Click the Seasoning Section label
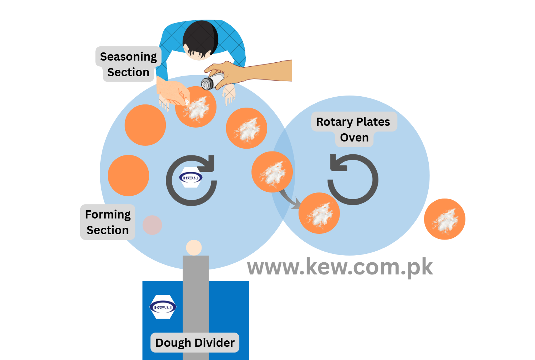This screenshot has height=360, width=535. [128, 64]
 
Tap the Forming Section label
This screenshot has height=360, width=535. [108, 222]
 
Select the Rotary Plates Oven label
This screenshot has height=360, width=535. [353, 129]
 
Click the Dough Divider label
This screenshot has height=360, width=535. [195, 343]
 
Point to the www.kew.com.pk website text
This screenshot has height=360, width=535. [340, 267]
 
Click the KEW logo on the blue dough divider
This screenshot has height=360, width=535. [163, 307]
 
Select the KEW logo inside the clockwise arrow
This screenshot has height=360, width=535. [191, 178]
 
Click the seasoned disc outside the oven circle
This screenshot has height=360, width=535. [444, 219]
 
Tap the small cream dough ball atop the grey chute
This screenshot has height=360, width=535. [194, 247]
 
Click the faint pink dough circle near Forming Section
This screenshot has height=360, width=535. [152, 225]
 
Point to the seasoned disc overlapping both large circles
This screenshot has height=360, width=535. [272, 172]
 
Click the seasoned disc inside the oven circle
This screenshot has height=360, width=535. [319, 213]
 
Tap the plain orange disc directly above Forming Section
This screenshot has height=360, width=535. [128, 175]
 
